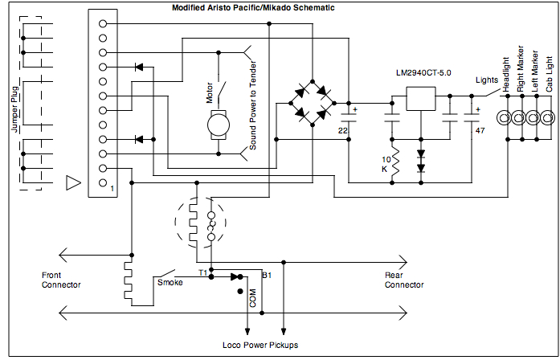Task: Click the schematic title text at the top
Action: (253, 7)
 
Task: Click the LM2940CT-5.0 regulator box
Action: (420, 97)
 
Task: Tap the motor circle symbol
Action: (217, 125)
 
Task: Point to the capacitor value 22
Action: (343, 129)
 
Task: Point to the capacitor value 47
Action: (480, 129)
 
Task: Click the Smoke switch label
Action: (170, 282)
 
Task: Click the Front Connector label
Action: (61, 280)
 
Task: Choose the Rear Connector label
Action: (404, 280)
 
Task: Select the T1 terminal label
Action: (203, 274)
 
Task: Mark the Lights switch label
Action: (486, 80)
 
